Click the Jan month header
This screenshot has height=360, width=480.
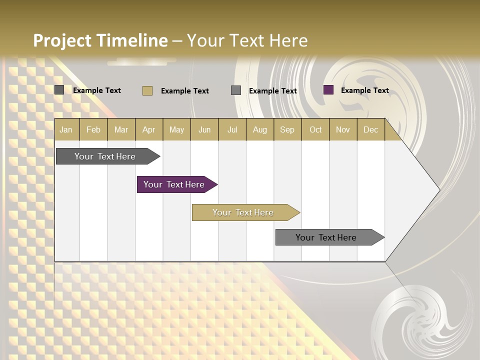coord(66,129)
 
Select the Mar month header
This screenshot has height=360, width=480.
coord(121,129)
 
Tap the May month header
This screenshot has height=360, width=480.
coord(176,129)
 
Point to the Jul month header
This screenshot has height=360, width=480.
coord(232,129)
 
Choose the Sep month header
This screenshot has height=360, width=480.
coord(287,129)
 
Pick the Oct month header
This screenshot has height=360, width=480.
coord(315,129)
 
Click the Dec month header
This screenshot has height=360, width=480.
coord(370,129)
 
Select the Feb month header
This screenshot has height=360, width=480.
coord(93,129)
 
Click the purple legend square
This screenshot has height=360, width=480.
coord(328,90)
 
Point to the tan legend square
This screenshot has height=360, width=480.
coord(147,90)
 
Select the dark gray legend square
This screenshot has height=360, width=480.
coord(59,90)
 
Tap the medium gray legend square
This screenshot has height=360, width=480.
coord(236,90)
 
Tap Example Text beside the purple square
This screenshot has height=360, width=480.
coord(364,90)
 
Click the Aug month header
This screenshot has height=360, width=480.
coord(259,129)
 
